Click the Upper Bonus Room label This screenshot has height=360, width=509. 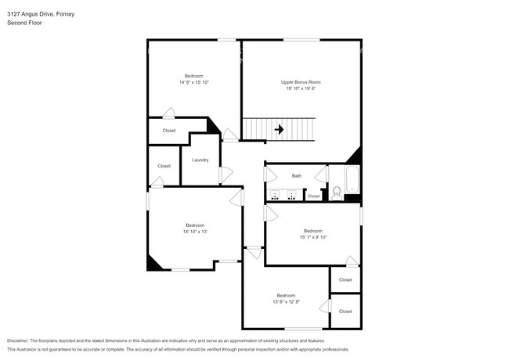point(301,82)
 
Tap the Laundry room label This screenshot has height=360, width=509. point(200,160)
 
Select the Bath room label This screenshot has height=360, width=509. point(297,176)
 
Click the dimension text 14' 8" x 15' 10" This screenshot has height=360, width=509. point(194,82)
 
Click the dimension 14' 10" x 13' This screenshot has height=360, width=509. point(194,232)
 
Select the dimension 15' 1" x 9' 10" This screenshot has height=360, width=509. point(313,237)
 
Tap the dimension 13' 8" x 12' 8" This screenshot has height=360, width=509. point(287,301)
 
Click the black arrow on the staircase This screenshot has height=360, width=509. point(278,129)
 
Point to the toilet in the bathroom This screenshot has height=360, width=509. point(336,191)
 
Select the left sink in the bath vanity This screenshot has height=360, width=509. point(275,196)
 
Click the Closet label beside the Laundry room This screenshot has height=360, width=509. point(164,166)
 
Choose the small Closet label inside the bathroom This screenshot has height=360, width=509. point(313,196)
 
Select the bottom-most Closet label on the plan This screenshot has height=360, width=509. point(345,311)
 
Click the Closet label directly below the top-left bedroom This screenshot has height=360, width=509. point(169,131)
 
